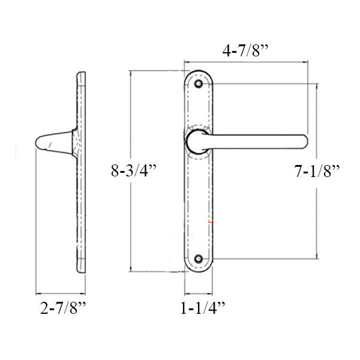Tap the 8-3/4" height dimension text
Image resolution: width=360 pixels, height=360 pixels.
[133, 170]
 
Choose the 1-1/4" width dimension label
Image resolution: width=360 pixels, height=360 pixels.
[202, 309]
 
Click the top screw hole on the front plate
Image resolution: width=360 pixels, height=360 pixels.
[199, 83]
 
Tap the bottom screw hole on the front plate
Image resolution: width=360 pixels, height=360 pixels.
[199, 259]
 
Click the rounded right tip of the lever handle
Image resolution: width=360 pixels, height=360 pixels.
[303, 141]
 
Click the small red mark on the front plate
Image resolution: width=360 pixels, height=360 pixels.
[210, 223]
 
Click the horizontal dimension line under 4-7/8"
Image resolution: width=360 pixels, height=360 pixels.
[246, 62]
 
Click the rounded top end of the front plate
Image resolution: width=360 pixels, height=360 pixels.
[199, 73]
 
